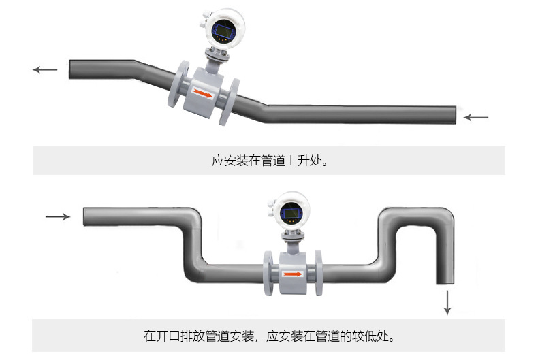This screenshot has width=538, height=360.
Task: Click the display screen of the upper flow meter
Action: [x=223, y=29]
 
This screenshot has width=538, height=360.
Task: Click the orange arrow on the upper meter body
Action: [x=202, y=93]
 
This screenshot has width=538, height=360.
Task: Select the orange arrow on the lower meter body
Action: [x=292, y=274]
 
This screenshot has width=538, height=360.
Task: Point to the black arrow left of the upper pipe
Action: [x=45, y=69]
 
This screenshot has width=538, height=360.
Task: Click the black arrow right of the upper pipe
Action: [x=477, y=117]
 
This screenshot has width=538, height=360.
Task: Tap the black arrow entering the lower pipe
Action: [x=58, y=216]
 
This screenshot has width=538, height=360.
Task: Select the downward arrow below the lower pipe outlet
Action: [x=447, y=301]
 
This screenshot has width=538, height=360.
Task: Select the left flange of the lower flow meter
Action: [x=267, y=274]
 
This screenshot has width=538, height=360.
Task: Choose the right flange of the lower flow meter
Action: [x=318, y=274]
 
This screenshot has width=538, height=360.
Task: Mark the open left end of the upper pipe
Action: [x=71, y=69]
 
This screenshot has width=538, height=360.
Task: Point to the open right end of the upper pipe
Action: [x=454, y=115]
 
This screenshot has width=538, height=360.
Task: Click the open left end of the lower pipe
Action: [x=84, y=216]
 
